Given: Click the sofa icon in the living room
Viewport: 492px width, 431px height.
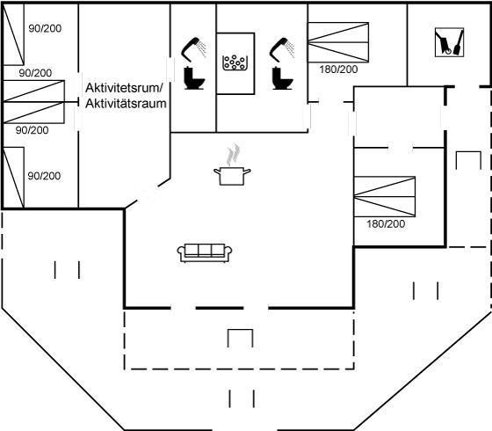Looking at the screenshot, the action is (x=205, y=252).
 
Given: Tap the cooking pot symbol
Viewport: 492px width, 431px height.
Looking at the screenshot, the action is (x=232, y=176).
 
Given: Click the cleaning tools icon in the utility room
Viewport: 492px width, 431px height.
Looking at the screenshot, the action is (x=449, y=42).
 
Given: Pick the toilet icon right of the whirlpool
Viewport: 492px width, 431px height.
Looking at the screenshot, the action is (x=282, y=78).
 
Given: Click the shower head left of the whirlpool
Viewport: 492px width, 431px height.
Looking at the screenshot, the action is (x=193, y=49).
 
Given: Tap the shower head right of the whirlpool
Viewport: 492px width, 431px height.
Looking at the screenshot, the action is (x=282, y=49).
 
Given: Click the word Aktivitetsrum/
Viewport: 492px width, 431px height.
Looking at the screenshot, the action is (x=124, y=88).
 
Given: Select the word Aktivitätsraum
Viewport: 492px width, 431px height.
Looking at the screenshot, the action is (x=126, y=104).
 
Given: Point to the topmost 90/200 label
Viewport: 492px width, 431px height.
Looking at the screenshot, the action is (x=45, y=28).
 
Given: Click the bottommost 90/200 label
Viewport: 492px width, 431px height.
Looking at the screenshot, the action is (x=44, y=176).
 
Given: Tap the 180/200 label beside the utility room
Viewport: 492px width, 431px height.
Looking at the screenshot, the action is (x=338, y=69).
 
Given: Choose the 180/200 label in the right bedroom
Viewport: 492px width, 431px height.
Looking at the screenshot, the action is (x=386, y=224).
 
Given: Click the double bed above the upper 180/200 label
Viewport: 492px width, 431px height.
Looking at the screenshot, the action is (x=338, y=42).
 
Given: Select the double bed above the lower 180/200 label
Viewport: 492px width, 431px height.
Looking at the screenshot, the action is (x=385, y=197).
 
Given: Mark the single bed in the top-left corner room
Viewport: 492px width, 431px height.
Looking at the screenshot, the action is (x=13, y=34).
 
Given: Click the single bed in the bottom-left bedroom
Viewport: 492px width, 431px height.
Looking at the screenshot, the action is (x=13, y=177).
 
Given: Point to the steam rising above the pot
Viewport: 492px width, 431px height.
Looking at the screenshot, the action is (x=233, y=155).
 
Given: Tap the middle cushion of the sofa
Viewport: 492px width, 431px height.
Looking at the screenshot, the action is (x=205, y=251).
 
